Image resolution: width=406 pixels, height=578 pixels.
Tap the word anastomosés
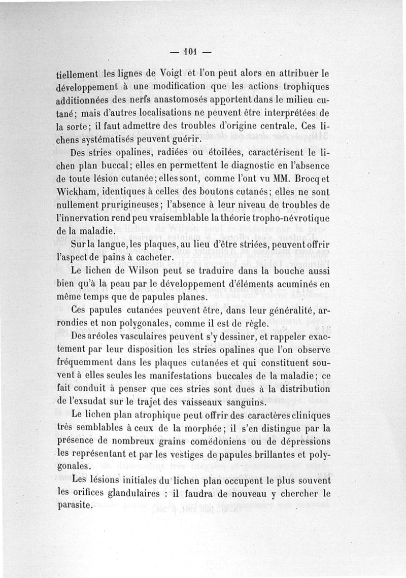(196, 99)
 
